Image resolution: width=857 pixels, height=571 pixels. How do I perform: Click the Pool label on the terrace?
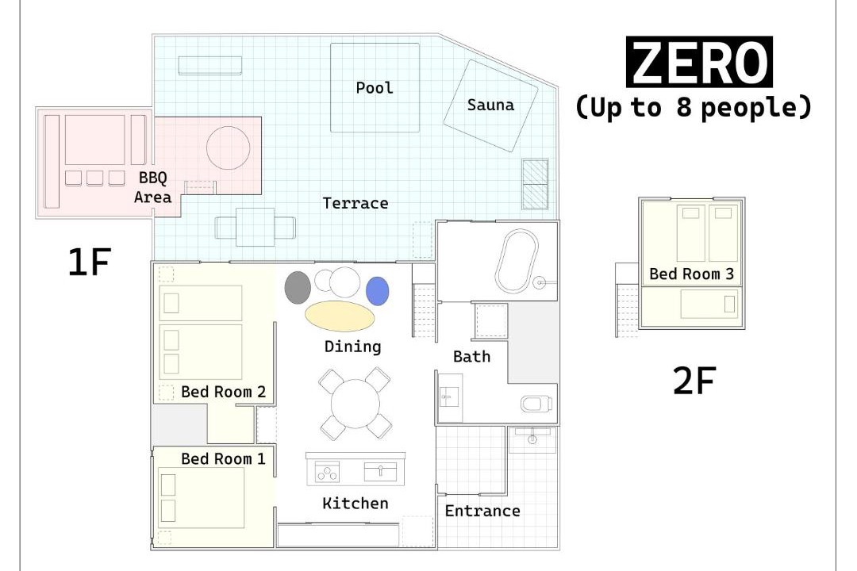[x=375, y=88]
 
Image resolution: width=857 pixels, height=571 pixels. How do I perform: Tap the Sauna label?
[x=490, y=105]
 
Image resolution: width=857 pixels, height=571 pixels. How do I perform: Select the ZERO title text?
[x=699, y=62]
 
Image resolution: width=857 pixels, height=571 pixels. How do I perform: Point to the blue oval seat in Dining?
[x=377, y=291]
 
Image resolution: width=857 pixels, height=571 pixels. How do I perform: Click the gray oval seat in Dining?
[x=298, y=287]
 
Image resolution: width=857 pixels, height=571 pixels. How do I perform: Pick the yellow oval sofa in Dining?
[x=340, y=316]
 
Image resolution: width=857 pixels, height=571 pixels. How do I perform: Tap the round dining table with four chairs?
[x=355, y=404]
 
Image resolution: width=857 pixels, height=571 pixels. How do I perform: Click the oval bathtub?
[x=517, y=261]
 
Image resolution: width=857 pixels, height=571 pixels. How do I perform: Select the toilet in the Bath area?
[x=536, y=404]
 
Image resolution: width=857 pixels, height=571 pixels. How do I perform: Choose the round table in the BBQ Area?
[x=228, y=148]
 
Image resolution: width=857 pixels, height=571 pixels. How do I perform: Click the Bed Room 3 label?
[x=691, y=274]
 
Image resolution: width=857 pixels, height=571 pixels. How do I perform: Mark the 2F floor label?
[x=694, y=381]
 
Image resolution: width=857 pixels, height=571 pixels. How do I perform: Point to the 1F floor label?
[x=89, y=262]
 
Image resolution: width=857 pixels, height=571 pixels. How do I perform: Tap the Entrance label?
[x=482, y=511]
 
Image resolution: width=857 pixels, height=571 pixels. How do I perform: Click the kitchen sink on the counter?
[x=380, y=472]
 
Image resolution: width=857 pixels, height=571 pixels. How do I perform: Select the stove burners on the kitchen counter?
[x=327, y=472]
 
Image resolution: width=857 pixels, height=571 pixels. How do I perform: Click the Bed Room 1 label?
[x=223, y=459]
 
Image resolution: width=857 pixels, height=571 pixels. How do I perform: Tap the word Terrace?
[x=355, y=203]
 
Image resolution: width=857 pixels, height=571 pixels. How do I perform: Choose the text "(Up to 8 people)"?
[x=693, y=108]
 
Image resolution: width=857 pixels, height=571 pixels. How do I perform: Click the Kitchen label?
[x=355, y=504]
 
